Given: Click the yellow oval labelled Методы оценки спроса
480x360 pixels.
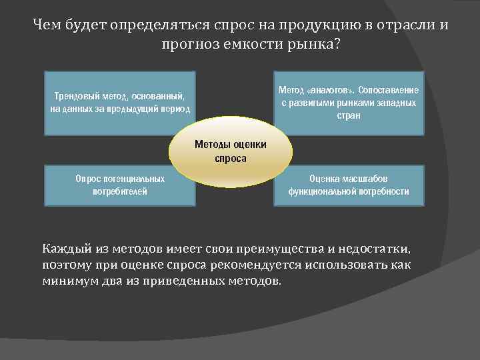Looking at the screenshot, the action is tap(230, 151).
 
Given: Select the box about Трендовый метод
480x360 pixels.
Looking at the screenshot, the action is tap(120, 103).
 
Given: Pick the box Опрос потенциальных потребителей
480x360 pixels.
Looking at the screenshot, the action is tap(120, 185).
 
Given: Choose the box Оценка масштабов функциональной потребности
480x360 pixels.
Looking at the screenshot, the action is tap(348, 185).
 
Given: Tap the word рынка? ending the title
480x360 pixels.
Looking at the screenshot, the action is tap(320, 45).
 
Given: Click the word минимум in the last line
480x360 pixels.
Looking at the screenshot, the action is tap(69, 281).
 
